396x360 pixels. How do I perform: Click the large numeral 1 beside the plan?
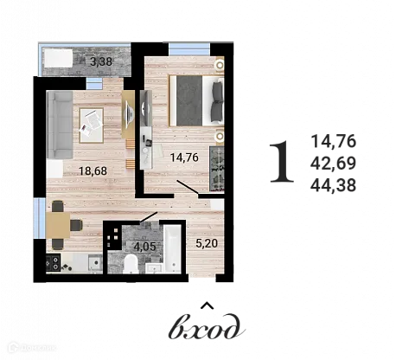[279, 164]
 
